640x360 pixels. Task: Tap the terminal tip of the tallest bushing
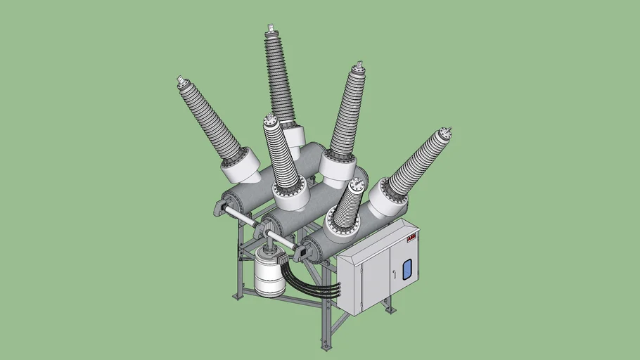click(269, 30)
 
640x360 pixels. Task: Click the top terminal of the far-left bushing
click(181, 82)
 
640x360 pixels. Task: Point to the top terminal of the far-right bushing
click(444, 131)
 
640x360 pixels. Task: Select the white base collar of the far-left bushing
click(239, 167)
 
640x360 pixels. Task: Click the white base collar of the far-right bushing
click(386, 198)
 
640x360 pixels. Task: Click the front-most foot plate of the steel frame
click(325, 345)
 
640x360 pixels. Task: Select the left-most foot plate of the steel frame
click(238, 296)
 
